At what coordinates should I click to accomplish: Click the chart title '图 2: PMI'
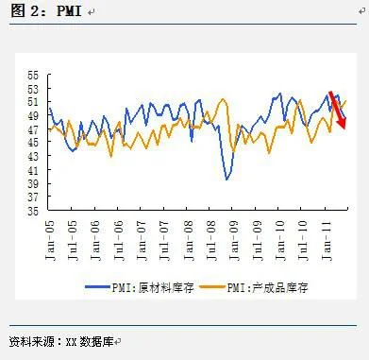click(x=42, y=11)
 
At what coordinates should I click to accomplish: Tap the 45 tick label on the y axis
click(x=34, y=143)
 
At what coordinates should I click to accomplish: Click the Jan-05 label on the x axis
click(x=49, y=236)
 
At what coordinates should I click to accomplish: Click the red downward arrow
click(x=337, y=110)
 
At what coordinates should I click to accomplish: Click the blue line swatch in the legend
click(x=97, y=285)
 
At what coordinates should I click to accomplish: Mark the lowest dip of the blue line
click(x=227, y=179)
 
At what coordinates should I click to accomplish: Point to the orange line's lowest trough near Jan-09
click(x=233, y=152)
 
